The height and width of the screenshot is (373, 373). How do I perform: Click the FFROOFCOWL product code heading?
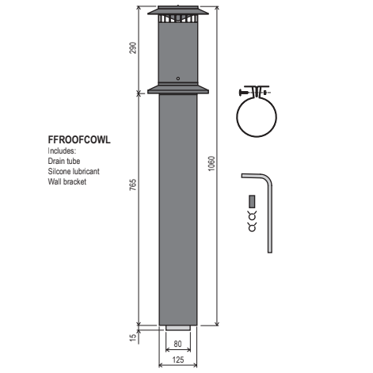click(x=78, y=139)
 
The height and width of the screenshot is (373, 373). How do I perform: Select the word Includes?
click(x=63, y=150)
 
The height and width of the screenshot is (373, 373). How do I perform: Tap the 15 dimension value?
click(x=133, y=337)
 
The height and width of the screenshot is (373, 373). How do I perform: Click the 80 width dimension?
click(x=177, y=344)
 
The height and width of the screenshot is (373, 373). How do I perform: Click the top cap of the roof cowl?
click(x=177, y=9)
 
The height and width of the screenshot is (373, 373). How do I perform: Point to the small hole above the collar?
click(x=178, y=78)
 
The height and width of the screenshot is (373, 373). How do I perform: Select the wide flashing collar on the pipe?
click(x=177, y=88)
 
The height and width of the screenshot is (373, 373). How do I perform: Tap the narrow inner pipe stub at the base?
click(x=177, y=328)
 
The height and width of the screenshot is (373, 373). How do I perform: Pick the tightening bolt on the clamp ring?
click(x=255, y=90)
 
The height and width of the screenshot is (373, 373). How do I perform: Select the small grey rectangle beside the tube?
click(x=253, y=200)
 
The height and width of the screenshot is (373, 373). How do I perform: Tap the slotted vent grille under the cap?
click(x=177, y=19)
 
